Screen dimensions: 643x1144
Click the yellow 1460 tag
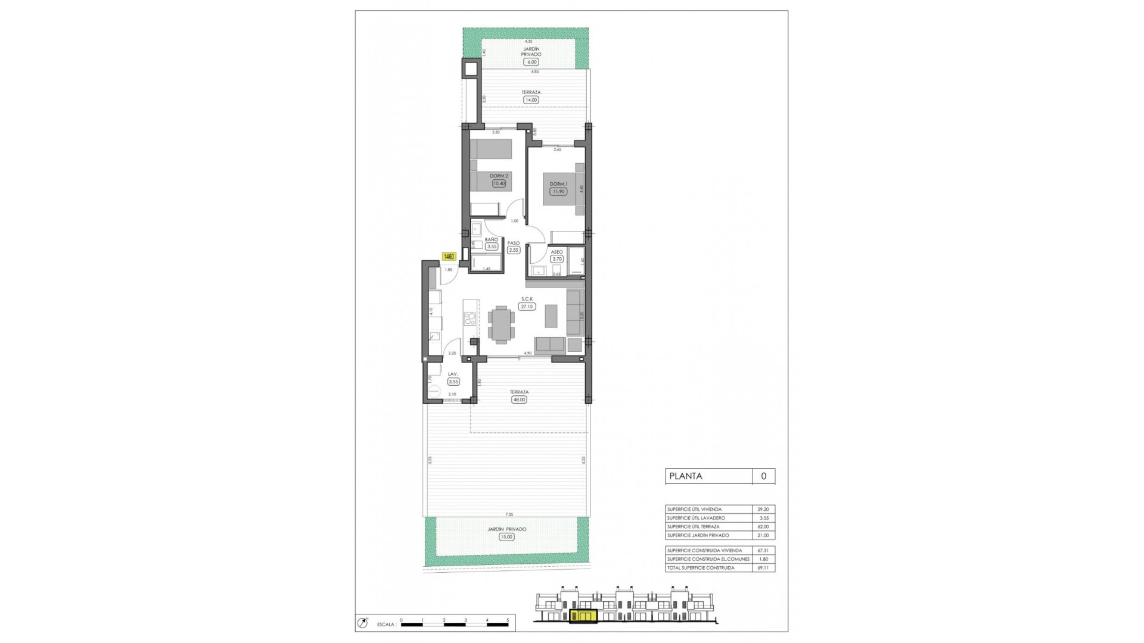tap(449, 257)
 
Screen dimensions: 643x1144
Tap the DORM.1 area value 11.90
tap(558, 192)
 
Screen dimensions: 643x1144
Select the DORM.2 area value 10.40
tap(499, 183)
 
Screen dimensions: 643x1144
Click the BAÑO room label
tap(492, 239)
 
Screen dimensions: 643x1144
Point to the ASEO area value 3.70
tap(557, 259)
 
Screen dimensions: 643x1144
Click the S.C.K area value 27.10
tap(527, 307)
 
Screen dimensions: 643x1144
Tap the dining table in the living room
tap(501, 324)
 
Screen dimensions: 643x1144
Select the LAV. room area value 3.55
tap(453, 382)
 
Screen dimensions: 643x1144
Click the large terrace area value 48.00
tap(519, 399)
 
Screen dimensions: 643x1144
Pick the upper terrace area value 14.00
tap(531, 100)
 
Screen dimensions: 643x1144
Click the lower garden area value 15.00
tap(506, 536)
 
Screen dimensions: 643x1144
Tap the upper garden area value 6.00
tap(531, 62)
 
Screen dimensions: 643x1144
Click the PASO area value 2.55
tap(514, 250)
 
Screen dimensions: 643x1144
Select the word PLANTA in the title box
tap(686, 476)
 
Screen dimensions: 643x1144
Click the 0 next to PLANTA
tap(763, 476)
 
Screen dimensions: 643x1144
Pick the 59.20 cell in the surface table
tap(763, 510)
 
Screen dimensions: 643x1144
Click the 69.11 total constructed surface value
tap(763, 568)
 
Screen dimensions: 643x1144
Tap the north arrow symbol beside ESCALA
tap(362, 623)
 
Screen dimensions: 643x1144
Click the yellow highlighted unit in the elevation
tap(583, 616)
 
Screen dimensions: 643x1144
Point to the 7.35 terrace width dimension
tap(509, 514)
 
